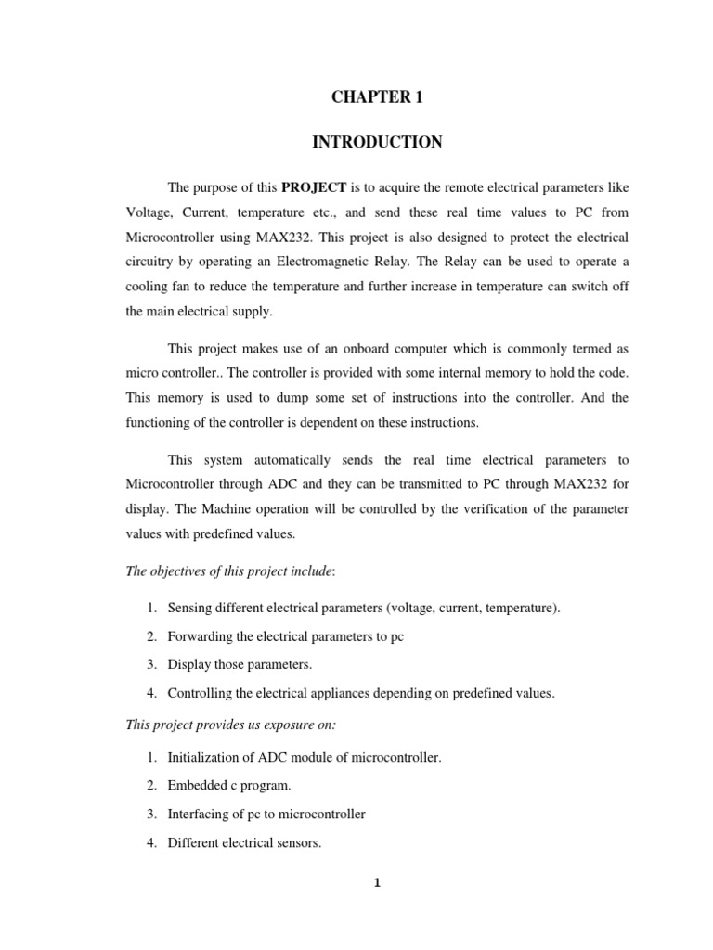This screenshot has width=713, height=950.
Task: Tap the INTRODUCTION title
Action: pos(376,142)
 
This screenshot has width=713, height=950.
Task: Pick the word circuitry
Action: pos(150,263)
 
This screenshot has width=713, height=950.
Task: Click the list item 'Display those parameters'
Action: pos(240,664)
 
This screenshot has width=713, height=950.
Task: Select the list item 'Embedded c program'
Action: pos(229,785)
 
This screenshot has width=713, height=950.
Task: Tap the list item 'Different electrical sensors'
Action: pos(244,844)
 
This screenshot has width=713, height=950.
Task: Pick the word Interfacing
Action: pos(198,815)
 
